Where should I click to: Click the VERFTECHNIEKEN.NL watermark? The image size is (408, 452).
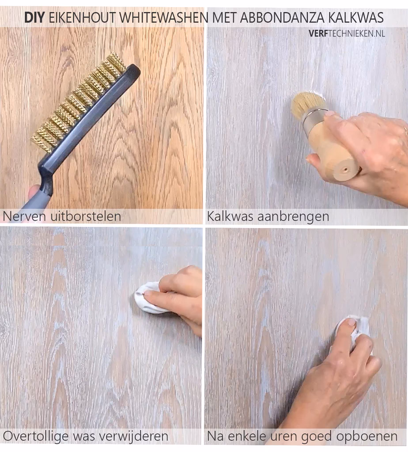click(x=347, y=33)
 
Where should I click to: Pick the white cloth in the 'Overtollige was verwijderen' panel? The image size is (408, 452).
click(x=148, y=300)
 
